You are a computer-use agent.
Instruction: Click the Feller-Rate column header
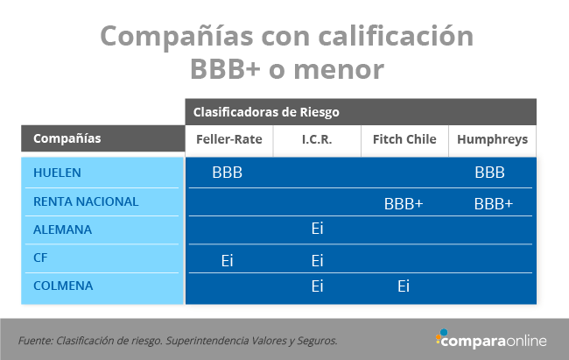click(229, 139)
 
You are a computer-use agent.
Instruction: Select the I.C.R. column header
click(317, 139)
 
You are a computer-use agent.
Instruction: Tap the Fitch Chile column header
click(404, 139)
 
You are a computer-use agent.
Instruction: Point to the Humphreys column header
click(493, 139)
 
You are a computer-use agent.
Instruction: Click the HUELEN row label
click(57, 173)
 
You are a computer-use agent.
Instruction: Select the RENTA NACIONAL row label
click(86, 201)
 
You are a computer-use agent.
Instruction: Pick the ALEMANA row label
click(62, 229)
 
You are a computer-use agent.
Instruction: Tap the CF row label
click(40, 258)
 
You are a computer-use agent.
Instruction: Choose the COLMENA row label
click(63, 286)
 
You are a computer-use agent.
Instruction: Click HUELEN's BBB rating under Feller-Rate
click(228, 173)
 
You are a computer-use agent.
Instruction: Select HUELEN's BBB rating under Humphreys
click(489, 173)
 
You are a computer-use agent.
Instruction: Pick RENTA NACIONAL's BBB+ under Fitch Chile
click(404, 204)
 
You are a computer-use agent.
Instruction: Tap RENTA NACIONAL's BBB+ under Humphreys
click(494, 204)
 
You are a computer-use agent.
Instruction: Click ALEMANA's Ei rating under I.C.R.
click(317, 228)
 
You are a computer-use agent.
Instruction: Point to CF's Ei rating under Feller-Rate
click(228, 260)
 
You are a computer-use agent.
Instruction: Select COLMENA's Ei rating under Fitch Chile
click(404, 286)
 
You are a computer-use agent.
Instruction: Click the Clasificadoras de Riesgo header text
click(266, 112)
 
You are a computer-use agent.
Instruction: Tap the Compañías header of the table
click(67, 138)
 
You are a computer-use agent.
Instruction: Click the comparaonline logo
click(491, 339)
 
